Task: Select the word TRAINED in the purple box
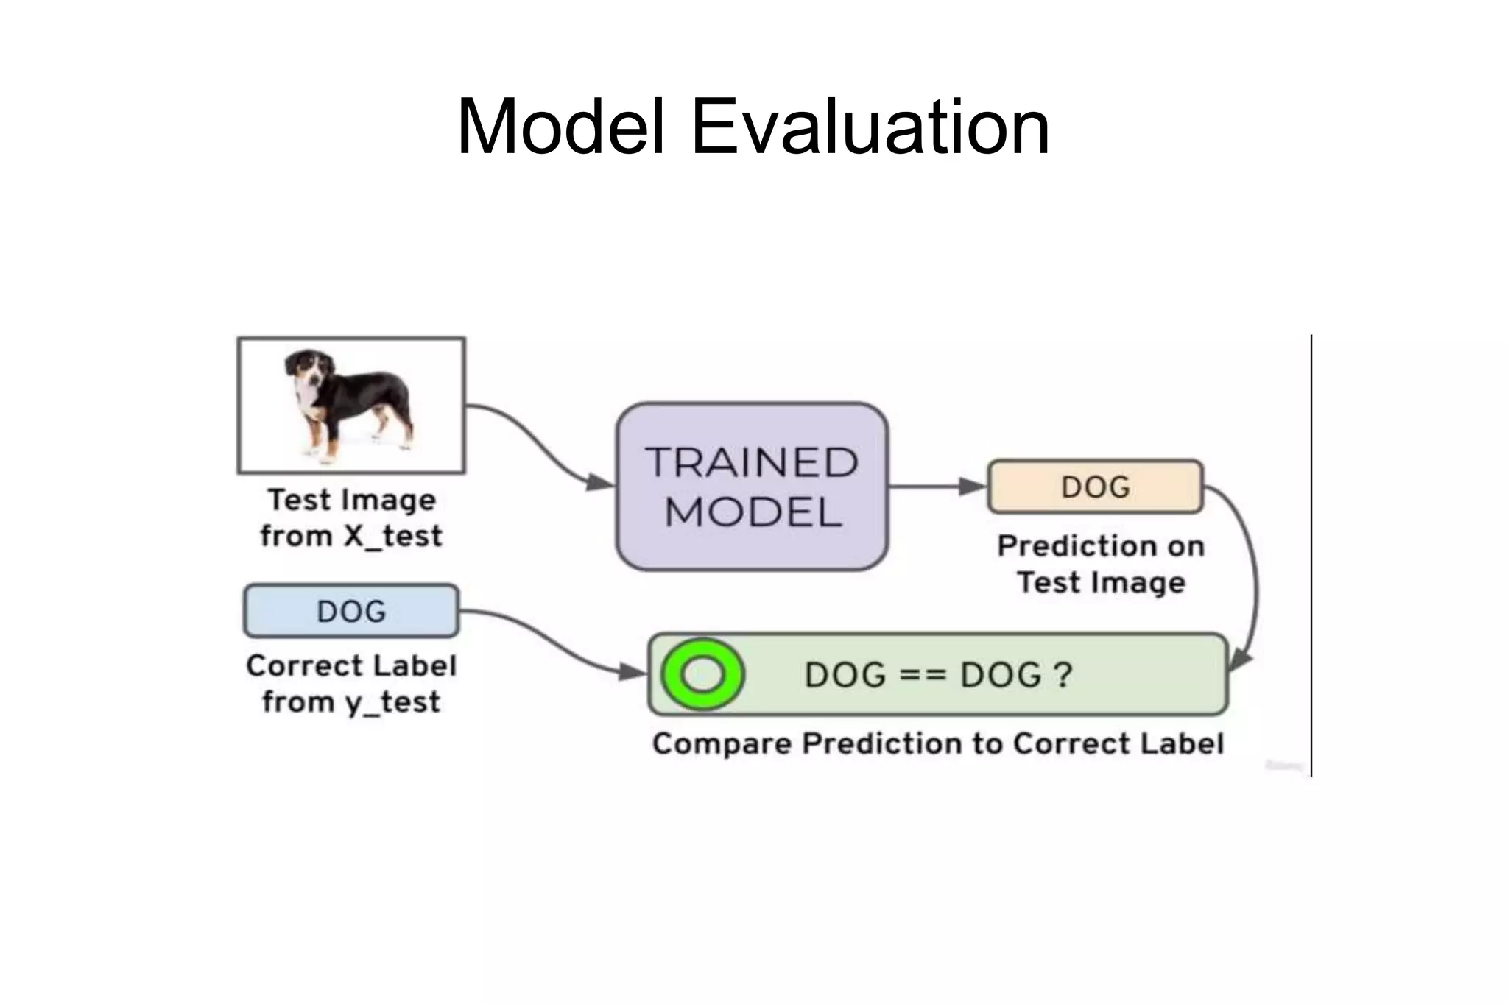pos(752,462)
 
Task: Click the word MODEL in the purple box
pos(753,512)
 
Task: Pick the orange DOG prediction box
pos(1095,487)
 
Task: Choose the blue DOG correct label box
pos(351,611)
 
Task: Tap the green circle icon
pos(702,674)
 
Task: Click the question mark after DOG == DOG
pos(1063,674)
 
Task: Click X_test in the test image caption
pos(393,536)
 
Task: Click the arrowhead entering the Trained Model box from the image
pos(600,483)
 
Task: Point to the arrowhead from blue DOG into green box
pos(633,671)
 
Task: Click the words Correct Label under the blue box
pos(351,665)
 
